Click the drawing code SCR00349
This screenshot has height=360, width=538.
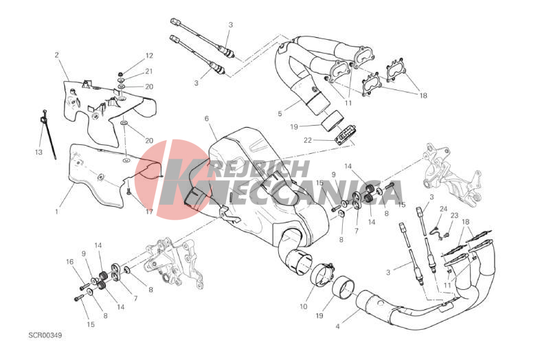pyautogui.click(x=45, y=335)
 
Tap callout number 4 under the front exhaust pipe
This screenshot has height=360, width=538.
pyautogui.click(x=337, y=326)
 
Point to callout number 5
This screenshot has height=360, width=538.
pyautogui.click(x=280, y=113)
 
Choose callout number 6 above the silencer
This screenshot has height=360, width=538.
pyautogui.click(x=207, y=119)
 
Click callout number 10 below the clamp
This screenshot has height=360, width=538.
pyautogui.click(x=304, y=306)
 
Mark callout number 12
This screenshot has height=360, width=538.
pyautogui.click(x=149, y=56)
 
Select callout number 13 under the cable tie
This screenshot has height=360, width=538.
pyautogui.click(x=38, y=152)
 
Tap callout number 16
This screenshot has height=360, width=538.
pyautogui.click(x=70, y=262)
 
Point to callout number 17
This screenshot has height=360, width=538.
pyautogui.click(x=149, y=212)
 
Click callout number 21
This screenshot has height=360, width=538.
pyautogui.click(x=148, y=71)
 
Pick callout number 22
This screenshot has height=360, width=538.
pyautogui.click(x=307, y=140)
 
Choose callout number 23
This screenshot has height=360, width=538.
pyautogui.click(x=455, y=216)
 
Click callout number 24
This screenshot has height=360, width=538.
pyautogui.click(x=444, y=209)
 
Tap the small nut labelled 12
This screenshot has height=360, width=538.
pyautogui.click(x=120, y=74)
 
